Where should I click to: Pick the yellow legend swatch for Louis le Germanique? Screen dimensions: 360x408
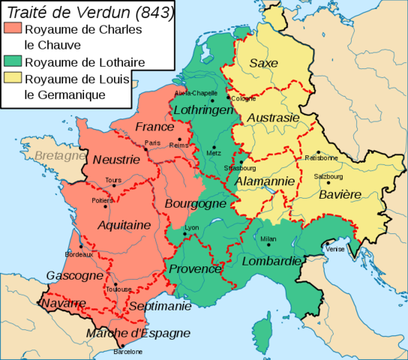click(x=13, y=79)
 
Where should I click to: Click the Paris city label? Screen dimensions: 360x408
click(x=153, y=142)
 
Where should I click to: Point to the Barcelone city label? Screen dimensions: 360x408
click(x=127, y=351)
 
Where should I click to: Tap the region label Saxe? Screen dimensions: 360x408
click(x=262, y=62)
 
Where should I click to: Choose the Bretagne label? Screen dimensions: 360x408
click(x=59, y=156)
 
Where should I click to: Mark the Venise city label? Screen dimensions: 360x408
click(x=334, y=248)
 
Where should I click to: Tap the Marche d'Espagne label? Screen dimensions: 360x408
click(x=137, y=333)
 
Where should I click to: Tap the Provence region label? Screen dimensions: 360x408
click(x=195, y=268)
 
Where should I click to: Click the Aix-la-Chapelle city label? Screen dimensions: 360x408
click(x=192, y=94)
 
